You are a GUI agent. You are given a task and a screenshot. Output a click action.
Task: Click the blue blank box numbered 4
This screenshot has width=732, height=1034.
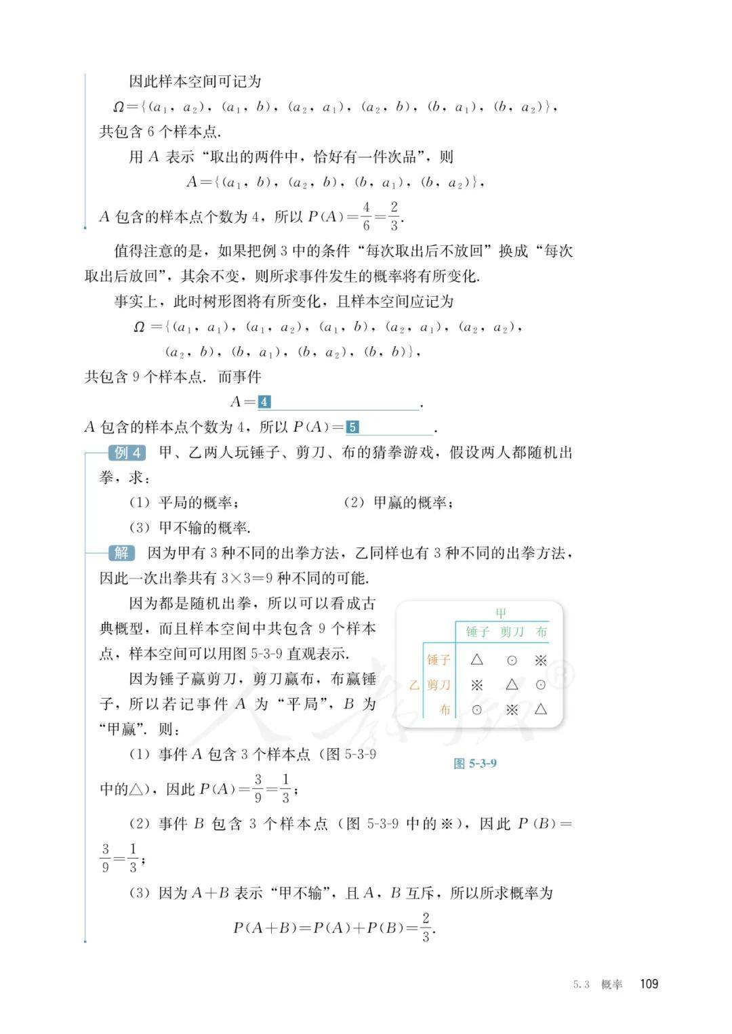(x=264, y=402)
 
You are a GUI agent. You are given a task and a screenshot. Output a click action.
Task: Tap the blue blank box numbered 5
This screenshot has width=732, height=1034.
(x=352, y=428)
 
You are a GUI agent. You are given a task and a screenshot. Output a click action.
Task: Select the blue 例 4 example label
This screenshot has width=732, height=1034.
(x=127, y=453)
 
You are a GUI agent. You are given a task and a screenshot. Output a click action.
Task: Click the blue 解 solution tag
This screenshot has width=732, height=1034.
(x=121, y=553)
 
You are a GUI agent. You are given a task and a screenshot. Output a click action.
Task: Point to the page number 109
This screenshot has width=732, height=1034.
(x=649, y=984)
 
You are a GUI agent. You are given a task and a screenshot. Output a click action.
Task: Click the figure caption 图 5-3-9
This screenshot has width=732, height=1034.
(x=474, y=764)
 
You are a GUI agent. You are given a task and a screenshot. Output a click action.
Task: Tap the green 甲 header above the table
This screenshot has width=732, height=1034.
(x=501, y=613)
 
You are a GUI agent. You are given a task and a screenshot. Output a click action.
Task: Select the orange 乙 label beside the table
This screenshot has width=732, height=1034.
(x=414, y=685)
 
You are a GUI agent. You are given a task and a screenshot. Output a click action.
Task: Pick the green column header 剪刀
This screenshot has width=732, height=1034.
(x=512, y=632)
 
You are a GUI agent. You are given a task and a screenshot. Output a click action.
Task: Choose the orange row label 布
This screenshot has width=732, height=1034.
(x=445, y=710)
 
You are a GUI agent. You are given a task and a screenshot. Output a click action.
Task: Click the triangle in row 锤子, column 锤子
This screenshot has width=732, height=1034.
(x=476, y=659)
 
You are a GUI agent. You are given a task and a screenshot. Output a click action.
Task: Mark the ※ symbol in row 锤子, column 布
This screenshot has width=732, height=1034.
(x=540, y=660)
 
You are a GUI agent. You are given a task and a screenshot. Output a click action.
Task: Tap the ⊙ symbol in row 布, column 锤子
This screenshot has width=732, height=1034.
(x=476, y=710)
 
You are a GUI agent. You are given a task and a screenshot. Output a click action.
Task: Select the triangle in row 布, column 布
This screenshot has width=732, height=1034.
(x=540, y=709)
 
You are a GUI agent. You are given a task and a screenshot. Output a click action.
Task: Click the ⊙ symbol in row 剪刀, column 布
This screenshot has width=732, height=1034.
(x=540, y=685)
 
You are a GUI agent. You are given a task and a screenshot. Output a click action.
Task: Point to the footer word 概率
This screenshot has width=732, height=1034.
(x=611, y=985)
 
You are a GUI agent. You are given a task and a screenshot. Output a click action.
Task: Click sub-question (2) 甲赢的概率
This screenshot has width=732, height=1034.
(x=399, y=503)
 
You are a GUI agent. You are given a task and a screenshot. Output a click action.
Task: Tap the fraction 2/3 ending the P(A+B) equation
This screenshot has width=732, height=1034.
(x=426, y=927)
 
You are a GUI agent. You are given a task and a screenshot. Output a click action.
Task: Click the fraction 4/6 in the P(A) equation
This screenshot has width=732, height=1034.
(x=366, y=216)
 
